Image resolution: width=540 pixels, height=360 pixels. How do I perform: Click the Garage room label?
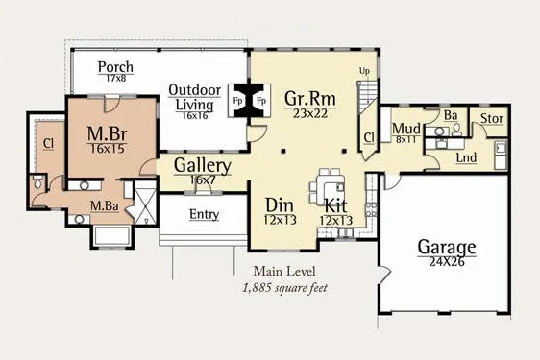point(447,247)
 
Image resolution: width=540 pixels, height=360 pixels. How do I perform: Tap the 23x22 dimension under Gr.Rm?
point(310,113)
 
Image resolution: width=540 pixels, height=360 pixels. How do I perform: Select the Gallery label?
point(203,165)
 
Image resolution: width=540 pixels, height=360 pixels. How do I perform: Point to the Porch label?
point(115,67)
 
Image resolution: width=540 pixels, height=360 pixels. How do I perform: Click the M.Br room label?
point(107,133)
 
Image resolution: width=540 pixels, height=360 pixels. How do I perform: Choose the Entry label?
point(205,214)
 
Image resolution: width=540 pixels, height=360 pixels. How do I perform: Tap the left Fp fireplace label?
point(237,101)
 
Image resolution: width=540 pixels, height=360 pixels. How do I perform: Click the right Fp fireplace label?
point(261,101)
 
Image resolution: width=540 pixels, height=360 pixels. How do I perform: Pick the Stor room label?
point(492,118)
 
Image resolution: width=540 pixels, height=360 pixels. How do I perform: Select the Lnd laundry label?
point(466,157)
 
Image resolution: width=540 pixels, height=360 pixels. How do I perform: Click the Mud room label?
point(406,129)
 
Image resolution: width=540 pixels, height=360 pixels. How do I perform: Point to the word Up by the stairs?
point(364,71)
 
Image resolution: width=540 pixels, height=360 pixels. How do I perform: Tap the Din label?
point(280,205)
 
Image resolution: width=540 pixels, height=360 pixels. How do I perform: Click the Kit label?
point(335,205)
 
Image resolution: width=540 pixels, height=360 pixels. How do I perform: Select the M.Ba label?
point(105,205)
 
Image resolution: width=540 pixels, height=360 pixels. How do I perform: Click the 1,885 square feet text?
point(285,288)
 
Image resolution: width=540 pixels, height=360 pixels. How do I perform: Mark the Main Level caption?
point(284,272)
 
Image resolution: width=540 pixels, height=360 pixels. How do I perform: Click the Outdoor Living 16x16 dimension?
point(195,115)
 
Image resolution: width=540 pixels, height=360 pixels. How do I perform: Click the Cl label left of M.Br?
point(49,143)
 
